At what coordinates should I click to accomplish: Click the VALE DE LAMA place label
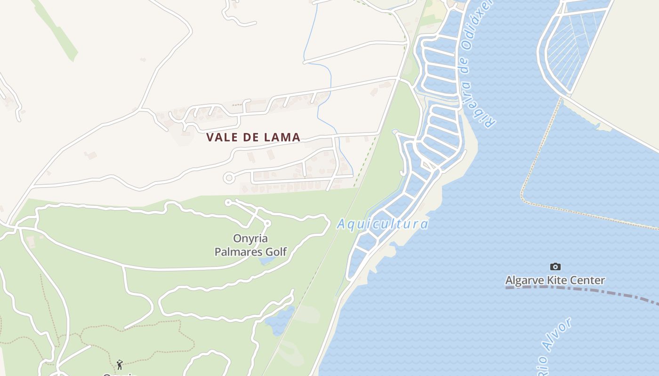[x=253, y=137]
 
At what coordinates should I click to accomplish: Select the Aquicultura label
[x=382, y=224]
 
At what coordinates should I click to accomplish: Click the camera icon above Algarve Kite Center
[x=555, y=266]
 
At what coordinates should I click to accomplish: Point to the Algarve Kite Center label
[x=555, y=281]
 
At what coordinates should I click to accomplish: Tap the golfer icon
[x=120, y=364]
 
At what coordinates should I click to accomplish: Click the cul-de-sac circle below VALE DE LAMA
[x=229, y=178]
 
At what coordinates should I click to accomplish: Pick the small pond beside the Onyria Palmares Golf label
[x=266, y=259]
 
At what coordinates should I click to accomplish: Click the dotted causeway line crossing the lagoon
[x=537, y=155]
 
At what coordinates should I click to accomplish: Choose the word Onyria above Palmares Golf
[x=250, y=238]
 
